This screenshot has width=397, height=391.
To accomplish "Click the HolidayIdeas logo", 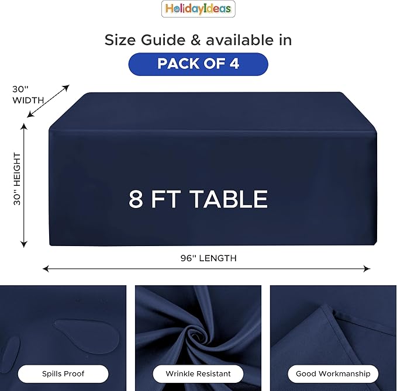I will point(198,9).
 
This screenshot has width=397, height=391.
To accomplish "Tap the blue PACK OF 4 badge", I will point(198,64).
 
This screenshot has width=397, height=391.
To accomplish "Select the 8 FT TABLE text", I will point(198,199).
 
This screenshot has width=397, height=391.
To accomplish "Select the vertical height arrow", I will point(24,185).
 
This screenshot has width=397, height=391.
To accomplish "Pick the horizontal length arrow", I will point(206,269).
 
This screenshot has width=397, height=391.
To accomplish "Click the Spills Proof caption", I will point(63,373).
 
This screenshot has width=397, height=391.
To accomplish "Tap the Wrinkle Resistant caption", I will point(198,373).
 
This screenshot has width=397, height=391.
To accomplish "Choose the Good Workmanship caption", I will point(333,373).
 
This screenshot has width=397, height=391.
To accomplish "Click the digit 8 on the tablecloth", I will point(136,199).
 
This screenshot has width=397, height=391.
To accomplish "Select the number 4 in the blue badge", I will point(234,64).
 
